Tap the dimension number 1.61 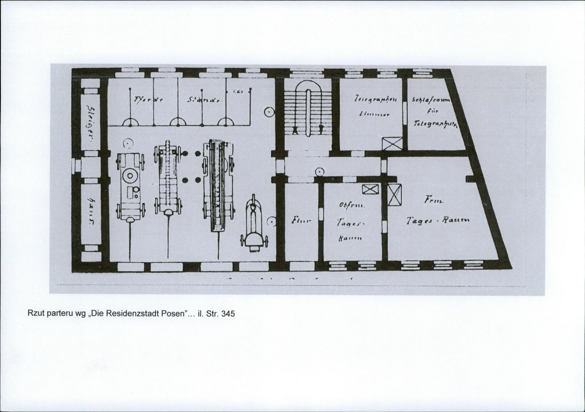tap(238, 91)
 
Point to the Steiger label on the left tap(90, 121)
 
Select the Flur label tap(298, 221)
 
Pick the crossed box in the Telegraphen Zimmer tap(392, 144)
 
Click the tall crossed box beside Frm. tap(394, 195)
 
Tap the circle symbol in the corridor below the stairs tap(319, 171)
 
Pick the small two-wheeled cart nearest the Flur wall tap(253, 225)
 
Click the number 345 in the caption tap(228, 314)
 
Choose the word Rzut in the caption tap(35, 314)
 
